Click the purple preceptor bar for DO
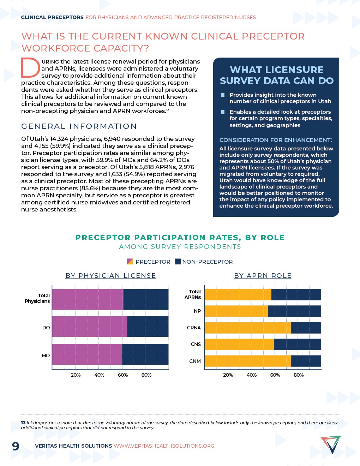click(x=90, y=327)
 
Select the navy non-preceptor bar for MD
click(x=145, y=354)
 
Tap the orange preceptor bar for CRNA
click(x=247, y=328)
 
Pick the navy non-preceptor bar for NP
click(x=294, y=311)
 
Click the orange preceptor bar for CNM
click(x=247, y=361)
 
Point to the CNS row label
click(x=196, y=344)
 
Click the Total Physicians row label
click(x=37, y=298)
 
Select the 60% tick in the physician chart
click(x=123, y=375)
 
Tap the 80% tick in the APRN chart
click(x=299, y=375)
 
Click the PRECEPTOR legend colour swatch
click(x=130, y=262)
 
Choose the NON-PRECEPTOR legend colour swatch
click(x=178, y=262)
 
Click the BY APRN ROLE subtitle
click(x=263, y=276)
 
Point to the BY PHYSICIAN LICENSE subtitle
click(x=110, y=276)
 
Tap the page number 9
click(x=16, y=446)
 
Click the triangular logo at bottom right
click(x=331, y=444)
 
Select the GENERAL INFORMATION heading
click(x=79, y=126)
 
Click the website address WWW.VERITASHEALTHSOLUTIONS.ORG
click(x=164, y=446)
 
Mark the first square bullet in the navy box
click(x=223, y=95)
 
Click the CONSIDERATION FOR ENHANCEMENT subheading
click(x=276, y=140)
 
